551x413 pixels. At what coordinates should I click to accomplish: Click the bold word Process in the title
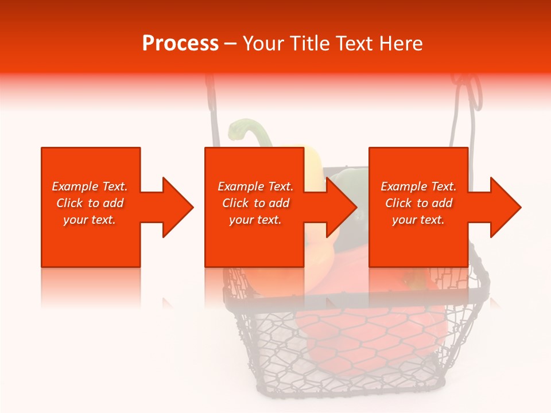click(x=180, y=44)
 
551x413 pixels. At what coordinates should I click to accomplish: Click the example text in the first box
click(x=90, y=203)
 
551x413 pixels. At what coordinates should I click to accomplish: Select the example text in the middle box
click(x=255, y=203)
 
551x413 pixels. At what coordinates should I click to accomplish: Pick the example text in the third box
click(x=418, y=203)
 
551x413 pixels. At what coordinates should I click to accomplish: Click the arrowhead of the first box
click(x=176, y=207)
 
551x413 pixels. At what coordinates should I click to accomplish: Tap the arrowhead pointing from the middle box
click(x=340, y=207)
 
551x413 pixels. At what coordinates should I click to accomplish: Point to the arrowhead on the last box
click(x=504, y=207)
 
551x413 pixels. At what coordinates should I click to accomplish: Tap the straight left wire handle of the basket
click(x=214, y=115)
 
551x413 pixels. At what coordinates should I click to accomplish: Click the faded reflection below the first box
click(x=90, y=287)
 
